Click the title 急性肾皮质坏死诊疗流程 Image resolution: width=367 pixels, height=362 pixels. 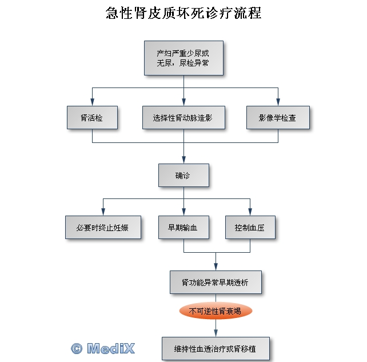pos(183,13)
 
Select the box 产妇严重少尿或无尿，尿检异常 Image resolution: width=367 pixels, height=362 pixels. pos(183,58)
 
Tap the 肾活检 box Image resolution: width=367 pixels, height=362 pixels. pos(92,118)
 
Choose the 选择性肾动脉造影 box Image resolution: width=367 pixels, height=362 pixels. pos(183,118)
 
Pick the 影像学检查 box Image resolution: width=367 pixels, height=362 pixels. pos(278,118)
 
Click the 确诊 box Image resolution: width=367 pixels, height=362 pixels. pos(183,175)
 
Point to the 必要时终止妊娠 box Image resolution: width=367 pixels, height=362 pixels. pos(103,227)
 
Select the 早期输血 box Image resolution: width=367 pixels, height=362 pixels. pos(183,227)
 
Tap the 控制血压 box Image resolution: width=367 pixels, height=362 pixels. pos(250,227)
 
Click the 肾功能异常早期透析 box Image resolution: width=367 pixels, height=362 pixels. pos(216,282)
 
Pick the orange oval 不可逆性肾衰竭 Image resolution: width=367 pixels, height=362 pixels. pos(216,311)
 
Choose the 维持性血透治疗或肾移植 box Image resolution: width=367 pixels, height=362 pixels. pos(216,349)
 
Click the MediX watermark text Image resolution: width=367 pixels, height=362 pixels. pos(111,348)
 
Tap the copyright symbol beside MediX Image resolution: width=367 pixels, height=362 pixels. pos(77,348)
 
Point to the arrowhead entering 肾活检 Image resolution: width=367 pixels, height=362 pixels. pos(92,102)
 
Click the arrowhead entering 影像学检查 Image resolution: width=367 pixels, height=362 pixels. pos(278,102)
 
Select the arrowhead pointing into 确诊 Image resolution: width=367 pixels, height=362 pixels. pos(183,160)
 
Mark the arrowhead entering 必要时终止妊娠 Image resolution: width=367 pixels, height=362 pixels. pos(103,212)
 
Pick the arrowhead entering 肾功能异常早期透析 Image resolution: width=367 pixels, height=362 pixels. pos(216,267)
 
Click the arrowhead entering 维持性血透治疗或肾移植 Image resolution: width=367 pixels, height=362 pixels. pos(216,333)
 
